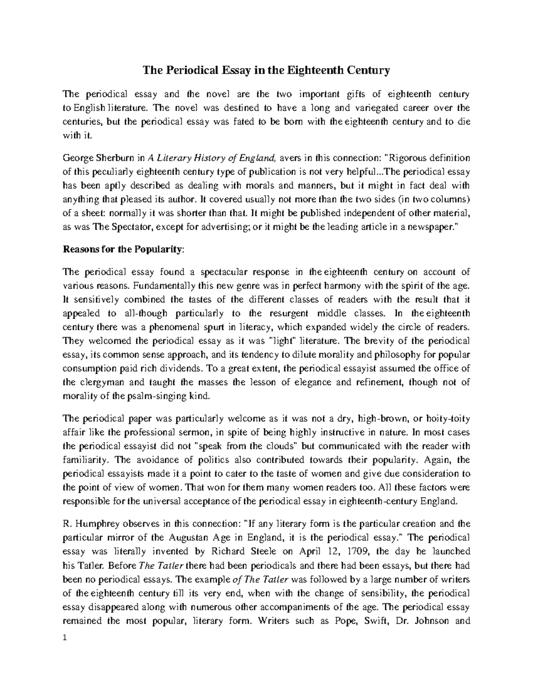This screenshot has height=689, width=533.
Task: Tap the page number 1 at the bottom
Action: (65, 638)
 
